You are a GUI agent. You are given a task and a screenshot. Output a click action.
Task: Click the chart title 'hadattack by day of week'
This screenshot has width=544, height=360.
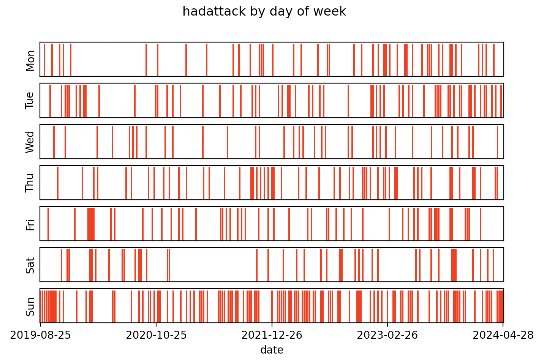264,11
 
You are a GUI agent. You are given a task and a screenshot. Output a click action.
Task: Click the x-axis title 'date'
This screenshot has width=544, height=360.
272,350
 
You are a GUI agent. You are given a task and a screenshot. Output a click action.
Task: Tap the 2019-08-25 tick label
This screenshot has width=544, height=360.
40,335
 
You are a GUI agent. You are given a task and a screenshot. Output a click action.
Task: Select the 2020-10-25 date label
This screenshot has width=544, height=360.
156,335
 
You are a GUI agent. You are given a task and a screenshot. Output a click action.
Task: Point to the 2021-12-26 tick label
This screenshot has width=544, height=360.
272,335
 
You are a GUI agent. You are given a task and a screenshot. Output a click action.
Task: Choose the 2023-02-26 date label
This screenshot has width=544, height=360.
387,335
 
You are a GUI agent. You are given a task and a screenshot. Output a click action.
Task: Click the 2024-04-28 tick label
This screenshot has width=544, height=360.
503,335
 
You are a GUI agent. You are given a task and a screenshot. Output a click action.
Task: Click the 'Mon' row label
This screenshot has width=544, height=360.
30,60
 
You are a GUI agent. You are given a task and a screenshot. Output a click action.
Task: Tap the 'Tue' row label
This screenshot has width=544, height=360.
30,101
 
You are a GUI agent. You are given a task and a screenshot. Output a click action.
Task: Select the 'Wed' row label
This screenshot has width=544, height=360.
30,142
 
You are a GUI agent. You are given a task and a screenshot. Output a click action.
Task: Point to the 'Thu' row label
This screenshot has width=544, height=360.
30,183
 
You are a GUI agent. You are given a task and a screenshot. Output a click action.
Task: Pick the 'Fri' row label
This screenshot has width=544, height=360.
30,224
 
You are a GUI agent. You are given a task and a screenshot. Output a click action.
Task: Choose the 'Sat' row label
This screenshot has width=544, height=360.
30,265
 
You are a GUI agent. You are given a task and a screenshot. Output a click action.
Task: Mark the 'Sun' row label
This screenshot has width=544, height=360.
30,306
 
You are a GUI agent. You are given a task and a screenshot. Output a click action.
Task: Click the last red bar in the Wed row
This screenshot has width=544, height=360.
497,142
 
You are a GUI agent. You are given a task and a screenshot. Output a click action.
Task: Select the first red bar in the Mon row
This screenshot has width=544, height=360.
44,60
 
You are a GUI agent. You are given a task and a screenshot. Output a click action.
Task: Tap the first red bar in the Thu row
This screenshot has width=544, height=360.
58,183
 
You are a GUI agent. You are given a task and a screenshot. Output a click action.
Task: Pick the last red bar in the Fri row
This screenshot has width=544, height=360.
481,224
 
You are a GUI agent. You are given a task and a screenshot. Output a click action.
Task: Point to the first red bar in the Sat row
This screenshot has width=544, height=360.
62,265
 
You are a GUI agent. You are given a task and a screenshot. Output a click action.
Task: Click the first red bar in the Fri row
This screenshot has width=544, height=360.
48,224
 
